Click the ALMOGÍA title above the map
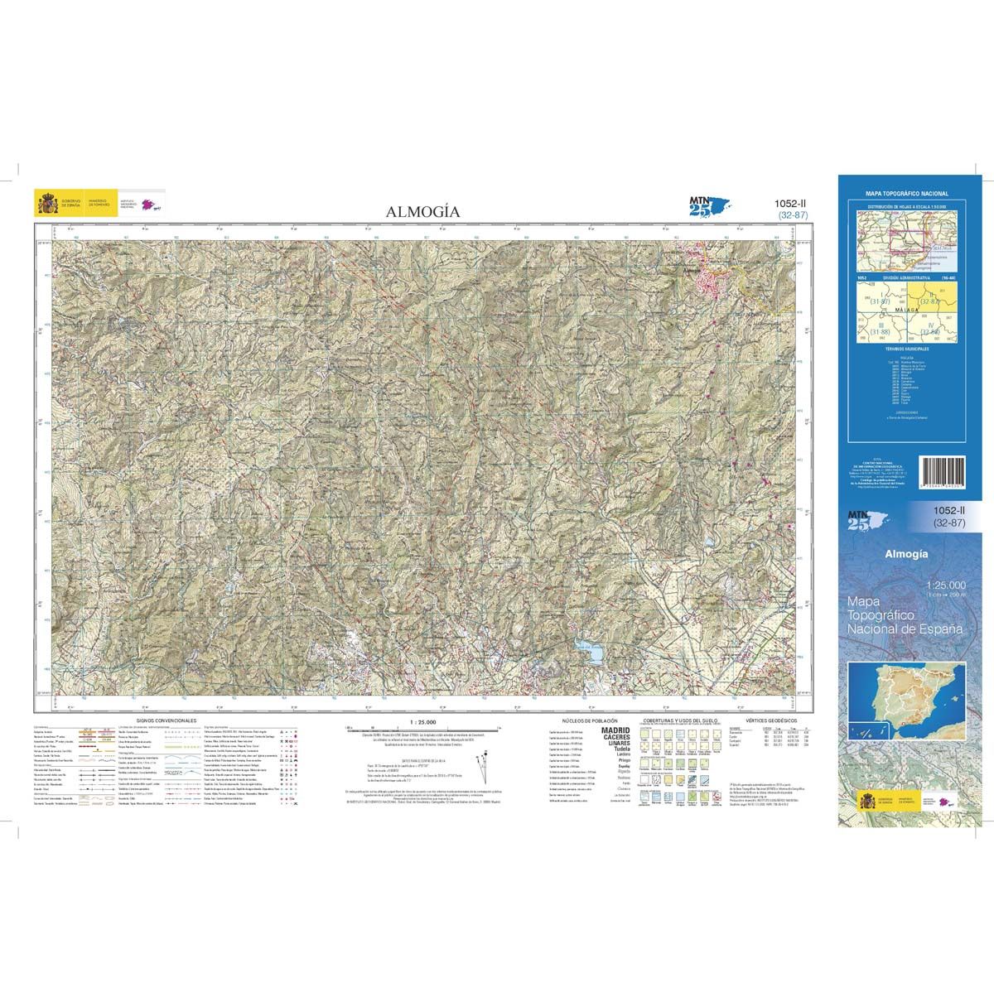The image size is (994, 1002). [422, 211]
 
